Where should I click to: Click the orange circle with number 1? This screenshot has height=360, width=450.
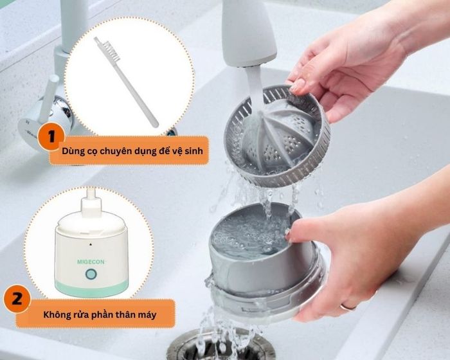click(51, 136)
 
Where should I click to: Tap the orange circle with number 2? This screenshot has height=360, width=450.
click(17, 298)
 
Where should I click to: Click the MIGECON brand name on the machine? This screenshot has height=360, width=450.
click(91, 262)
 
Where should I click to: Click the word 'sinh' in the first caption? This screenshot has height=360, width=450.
click(193, 150)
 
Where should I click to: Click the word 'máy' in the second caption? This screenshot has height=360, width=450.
click(147, 315)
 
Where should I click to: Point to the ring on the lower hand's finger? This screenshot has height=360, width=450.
click(348, 307)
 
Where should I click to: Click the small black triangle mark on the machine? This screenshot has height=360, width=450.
click(91, 244)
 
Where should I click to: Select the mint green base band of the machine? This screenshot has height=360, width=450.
click(91, 288)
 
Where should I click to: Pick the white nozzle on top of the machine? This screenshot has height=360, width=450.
click(91, 203)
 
